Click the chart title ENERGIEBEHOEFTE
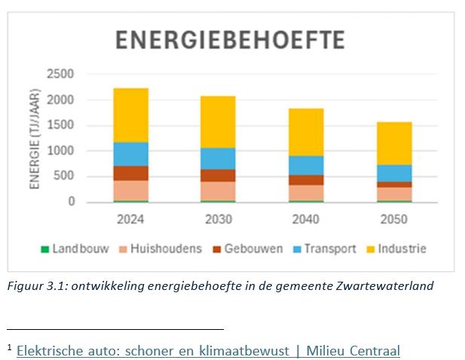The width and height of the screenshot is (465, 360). coord(230,40)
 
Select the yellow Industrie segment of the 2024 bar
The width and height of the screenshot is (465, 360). coord(131,114)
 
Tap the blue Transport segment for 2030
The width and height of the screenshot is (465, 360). coord(219,158)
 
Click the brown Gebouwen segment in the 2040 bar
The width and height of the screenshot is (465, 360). coord(306,180)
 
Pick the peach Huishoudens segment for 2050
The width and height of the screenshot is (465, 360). coord(394,194)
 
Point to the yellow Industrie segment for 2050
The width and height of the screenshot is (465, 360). coord(394,143)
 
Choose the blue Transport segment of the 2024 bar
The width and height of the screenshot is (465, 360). coord(131,154)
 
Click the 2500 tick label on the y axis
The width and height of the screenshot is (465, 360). coord(60,74)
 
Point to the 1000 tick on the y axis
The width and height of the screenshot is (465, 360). coord(60,151)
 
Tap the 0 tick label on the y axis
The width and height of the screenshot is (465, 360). coord(71,202)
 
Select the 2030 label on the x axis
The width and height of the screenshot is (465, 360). coord(219,220)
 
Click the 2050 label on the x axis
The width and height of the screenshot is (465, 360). coord(394,220)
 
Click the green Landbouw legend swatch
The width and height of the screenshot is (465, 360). coord(45,249)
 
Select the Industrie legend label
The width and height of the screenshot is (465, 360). coord(402,249)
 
